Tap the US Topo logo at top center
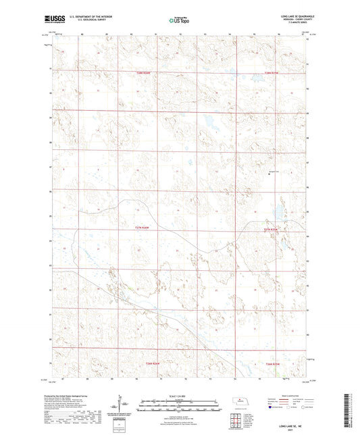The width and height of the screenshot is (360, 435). click(179, 21)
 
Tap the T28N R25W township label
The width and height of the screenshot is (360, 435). click(272, 72)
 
